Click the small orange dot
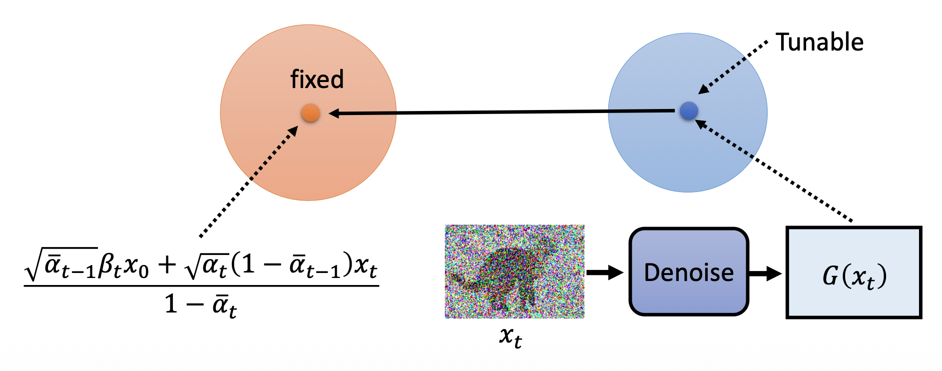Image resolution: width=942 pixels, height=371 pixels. [x=310, y=113]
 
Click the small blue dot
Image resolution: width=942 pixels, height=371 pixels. [x=689, y=111]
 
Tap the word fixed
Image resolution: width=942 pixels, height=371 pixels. [x=317, y=79]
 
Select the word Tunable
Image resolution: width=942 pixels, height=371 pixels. [x=820, y=42]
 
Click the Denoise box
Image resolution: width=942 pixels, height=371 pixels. [x=689, y=272]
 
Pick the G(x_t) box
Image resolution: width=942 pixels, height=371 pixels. [x=854, y=273]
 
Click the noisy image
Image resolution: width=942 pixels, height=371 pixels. [x=514, y=271]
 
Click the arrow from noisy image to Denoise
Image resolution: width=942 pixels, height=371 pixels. [x=605, y=272]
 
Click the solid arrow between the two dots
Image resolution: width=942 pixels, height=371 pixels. [x=499, y=112]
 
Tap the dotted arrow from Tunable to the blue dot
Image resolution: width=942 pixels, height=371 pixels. [x=734, y=66]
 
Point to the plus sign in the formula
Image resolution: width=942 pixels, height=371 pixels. [x=167, y=265]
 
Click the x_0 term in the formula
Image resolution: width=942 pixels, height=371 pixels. [x=136, y=266]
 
